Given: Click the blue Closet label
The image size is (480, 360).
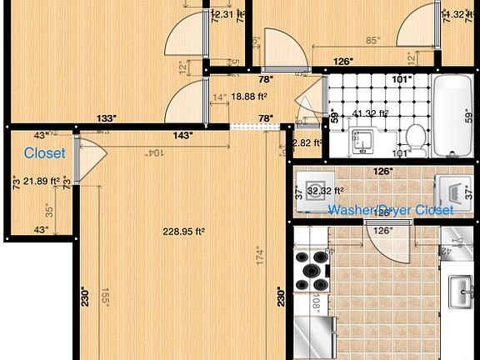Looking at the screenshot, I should coord(45,153).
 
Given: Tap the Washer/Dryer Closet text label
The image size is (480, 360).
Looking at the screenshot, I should coord(391,210).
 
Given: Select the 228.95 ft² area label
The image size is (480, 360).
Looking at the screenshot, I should coord(183,232).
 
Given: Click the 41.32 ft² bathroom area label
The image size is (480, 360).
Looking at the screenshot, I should coord(372,113).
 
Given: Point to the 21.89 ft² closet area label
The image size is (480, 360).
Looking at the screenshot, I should coord(41,181).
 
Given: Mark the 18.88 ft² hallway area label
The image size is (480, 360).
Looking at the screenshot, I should coord(236,97).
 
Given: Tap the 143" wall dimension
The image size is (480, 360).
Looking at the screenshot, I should coord(182,133).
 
